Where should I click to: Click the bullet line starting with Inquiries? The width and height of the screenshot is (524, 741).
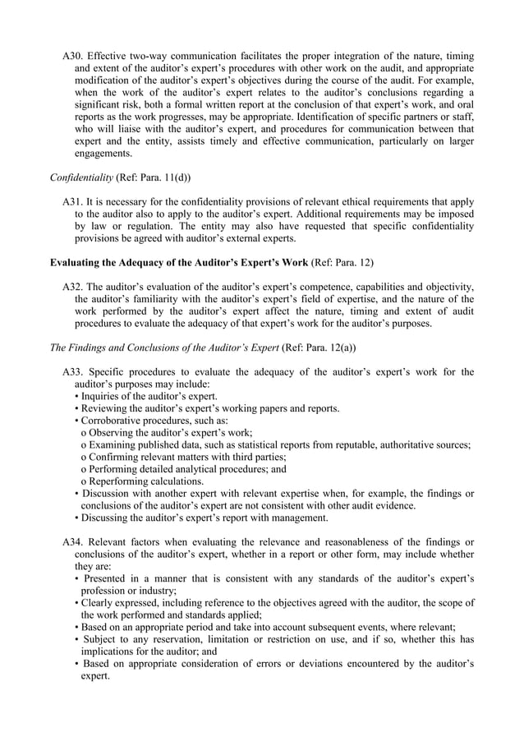[145, 396]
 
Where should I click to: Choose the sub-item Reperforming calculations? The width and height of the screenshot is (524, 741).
[143, 481]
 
